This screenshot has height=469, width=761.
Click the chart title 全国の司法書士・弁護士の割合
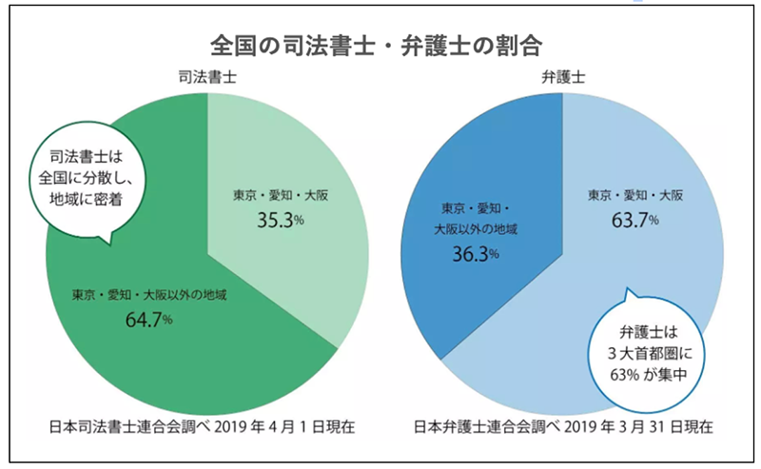(380, 45)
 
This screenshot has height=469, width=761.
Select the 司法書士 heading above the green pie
(206, 77)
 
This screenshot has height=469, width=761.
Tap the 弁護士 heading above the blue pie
(561, 77)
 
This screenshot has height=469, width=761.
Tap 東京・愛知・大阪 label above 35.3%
(279, 194)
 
